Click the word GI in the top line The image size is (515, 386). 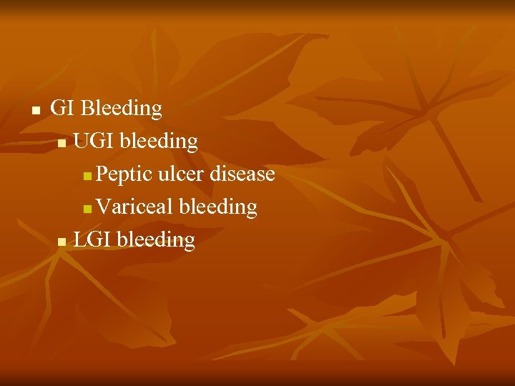pos(63,109)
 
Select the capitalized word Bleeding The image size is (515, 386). pos(122,109)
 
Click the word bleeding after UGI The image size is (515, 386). pos(159,142)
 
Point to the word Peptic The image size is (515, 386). pos(124,175)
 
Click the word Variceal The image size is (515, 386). pos(134,207)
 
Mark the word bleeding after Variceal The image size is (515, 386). pos(218,208)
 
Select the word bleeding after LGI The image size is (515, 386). pos(156,241)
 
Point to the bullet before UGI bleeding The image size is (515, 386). pos(63,144)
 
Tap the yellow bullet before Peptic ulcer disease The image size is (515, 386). pos(87,177)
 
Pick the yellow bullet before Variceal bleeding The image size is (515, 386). pos(87,209)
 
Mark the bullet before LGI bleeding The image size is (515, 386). pos(63,242)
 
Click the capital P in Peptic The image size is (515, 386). pos(102,174)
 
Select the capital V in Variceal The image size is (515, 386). pos(104,207)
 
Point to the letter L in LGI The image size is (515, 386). pos(79,240)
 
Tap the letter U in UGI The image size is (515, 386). pos(80,142)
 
